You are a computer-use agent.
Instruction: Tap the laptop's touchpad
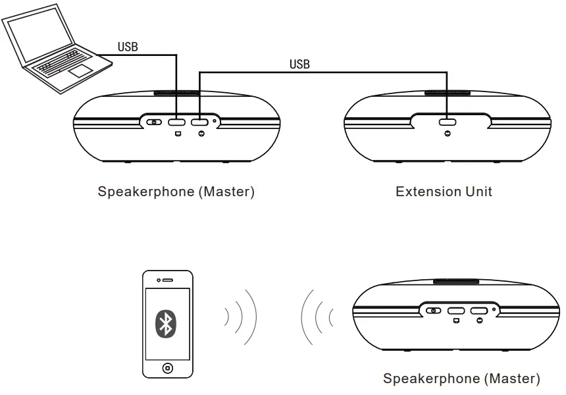coord(80,70)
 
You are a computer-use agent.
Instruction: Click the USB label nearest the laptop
coord(128,47)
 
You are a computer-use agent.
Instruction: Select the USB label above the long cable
coord(299,64)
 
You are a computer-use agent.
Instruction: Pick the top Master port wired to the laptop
coord(176,122)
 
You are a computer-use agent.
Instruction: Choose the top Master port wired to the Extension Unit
coord(199,122)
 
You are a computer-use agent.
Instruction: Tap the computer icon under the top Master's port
coord(177,134)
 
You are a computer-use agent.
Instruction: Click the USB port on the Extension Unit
coord(448,122)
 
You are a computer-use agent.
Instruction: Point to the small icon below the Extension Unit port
coord(448,134)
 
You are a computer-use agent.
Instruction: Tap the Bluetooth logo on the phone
coord(167,323)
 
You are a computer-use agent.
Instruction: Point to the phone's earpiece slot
coord(168,279)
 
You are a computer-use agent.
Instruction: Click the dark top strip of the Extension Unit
coord(448,93)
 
